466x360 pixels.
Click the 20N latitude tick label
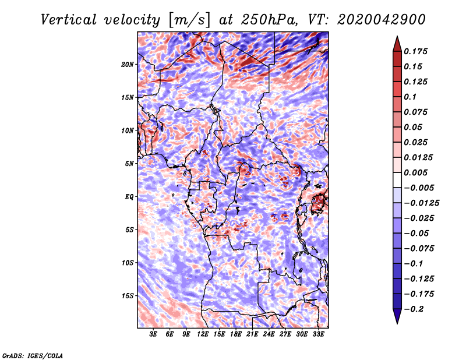(128, 64)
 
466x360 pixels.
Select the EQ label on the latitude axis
(129, 197)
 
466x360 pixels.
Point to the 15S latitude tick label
(128, 296)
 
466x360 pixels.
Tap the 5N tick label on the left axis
(129, 164)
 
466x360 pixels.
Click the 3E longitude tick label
(154, 334)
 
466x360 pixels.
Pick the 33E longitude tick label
(318, 334)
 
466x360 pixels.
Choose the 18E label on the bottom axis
(236, 334)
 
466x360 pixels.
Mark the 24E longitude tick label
(269, 334)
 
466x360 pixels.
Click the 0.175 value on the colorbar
(417, 51)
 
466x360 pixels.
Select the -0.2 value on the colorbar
(416, 309)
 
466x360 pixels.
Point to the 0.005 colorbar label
(417, 172)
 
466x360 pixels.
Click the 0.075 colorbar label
(417, 112)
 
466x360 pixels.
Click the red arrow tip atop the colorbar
(396, 40)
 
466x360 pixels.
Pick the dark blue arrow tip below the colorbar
(396, 319)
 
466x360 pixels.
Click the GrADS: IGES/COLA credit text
(32, 355)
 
